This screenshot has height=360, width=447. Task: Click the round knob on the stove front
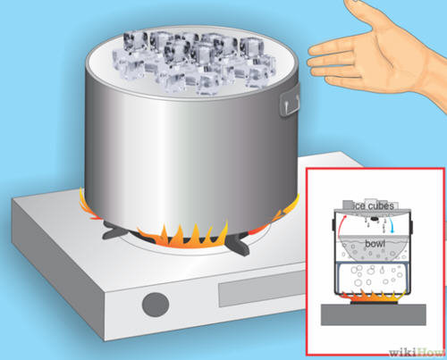tap(156, 305)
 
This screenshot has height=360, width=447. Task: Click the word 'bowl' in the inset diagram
tap(375, 244)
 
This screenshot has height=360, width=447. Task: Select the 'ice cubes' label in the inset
tap(373, 206)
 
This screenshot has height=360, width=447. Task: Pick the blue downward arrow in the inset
tap(392, 226)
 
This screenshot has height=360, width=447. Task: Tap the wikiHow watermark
tap(417, 353)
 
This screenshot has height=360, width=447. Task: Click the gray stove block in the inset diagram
tap(374, 314)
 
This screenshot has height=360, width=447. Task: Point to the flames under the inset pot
tap(374, 297)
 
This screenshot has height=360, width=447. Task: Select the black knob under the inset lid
tap(375, 219)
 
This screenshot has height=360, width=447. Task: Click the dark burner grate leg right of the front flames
tap(239, 244)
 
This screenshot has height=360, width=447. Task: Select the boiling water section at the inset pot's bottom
tap(374, 277)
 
